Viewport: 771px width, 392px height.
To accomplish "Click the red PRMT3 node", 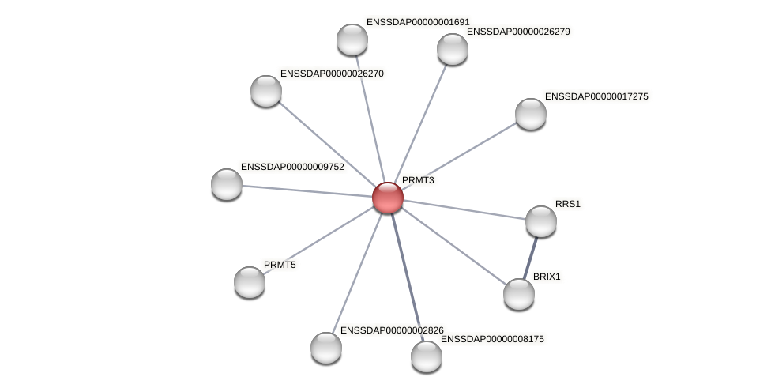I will (388, 198).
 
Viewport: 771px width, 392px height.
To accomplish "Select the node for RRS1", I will (541, 221).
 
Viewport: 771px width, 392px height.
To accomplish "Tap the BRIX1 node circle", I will (519, 294).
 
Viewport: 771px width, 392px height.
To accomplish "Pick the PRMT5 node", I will (250, 282).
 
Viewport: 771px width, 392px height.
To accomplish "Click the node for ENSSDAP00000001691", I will (352, 40).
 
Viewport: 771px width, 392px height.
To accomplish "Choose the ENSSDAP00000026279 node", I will (453, 49).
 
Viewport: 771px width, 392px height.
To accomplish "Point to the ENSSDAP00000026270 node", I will (266, 91).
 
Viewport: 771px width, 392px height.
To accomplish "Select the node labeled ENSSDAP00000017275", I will (531, 114).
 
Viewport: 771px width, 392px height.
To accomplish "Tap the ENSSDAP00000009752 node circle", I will (227, 184).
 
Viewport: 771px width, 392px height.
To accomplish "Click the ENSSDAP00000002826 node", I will (326, 348).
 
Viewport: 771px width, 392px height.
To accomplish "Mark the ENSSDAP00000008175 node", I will (427, 356).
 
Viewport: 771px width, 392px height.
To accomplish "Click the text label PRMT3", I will (418, 180).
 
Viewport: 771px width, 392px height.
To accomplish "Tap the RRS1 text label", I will (567, 204).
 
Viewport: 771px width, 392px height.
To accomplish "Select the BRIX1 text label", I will (547, 277).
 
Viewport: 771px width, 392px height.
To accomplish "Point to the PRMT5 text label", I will (280, 265).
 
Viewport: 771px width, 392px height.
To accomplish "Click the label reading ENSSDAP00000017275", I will (596, 96).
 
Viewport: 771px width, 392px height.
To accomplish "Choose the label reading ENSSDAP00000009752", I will (292, 167).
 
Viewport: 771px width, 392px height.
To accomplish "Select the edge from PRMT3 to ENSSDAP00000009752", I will (308, 191).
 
